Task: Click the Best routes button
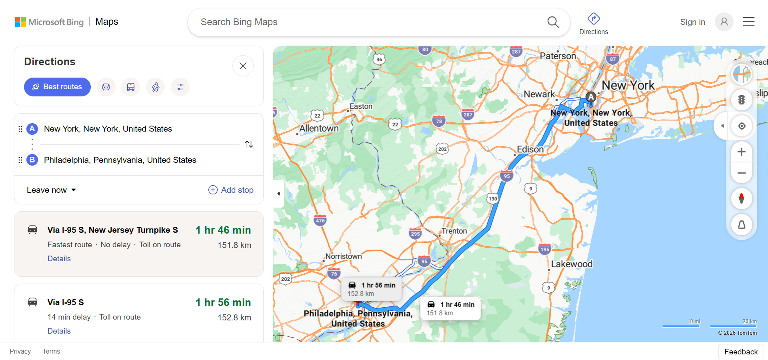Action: (x=57, y=87)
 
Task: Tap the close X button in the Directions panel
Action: (x=243, y=66)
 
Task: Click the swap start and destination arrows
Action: (x=249, y=144)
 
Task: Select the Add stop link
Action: (x=231, y=190)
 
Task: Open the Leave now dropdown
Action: (x=51, y=190)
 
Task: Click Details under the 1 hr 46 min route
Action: (x=59, y=259)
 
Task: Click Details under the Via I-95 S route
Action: (x=59, y=331)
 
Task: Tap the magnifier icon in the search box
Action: (x=553, y=22)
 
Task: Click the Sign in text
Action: (x=692, y=22)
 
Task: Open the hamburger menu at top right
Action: (x=748, y=22)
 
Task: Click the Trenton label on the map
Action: (x=454, y=231)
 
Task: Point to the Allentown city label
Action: (x=319, y=128)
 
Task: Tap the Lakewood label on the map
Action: (x=572, y=264)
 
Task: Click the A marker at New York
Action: (x=591, y=97)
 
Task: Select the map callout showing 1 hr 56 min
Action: (x=372, y=289)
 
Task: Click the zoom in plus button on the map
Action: (x=741, y=152)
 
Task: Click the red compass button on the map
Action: (x=741, y=198)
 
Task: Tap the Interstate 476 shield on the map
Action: (x=320, y=220)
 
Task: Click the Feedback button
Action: (x=741, y=352)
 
